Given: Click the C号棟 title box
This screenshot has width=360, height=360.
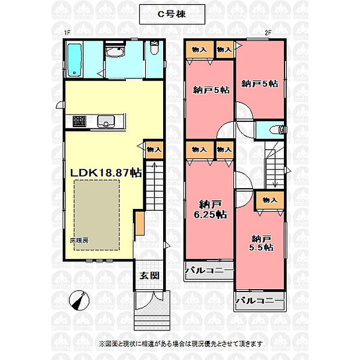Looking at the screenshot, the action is point(172,15).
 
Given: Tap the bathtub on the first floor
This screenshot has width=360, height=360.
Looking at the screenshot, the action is point(75,60).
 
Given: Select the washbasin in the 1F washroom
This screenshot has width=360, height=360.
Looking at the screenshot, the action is point(115,52).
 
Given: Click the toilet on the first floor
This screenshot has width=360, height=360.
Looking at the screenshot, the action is point(154,47).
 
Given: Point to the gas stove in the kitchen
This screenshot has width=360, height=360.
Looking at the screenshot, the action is point(80,121).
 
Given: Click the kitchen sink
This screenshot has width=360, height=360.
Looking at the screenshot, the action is point(106,121).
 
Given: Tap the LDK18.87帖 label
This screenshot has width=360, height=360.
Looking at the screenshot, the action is point(106,173).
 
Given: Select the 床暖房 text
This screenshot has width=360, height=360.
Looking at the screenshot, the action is point(79,240).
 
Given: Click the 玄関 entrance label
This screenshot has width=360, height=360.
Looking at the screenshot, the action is point(149,276).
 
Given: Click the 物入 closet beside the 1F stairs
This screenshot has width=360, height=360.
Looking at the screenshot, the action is point(154,150).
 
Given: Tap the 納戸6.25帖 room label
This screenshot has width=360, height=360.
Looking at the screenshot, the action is point(210,210).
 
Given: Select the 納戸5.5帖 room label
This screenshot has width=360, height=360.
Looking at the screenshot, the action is point(261,243).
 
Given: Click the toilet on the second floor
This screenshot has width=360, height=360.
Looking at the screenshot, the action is point(278,130).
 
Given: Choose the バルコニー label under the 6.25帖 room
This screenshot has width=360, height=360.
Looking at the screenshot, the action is point(209,271).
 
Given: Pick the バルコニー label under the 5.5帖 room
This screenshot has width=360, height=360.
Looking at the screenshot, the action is point(260,301).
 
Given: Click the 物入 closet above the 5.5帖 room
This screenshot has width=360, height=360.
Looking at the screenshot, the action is point(270,200).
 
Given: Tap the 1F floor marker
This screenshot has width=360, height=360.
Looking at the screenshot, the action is point(67,33).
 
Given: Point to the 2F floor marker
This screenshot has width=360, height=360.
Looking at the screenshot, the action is point(268,33).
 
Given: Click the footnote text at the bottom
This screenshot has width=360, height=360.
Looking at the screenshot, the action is point(181,344).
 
